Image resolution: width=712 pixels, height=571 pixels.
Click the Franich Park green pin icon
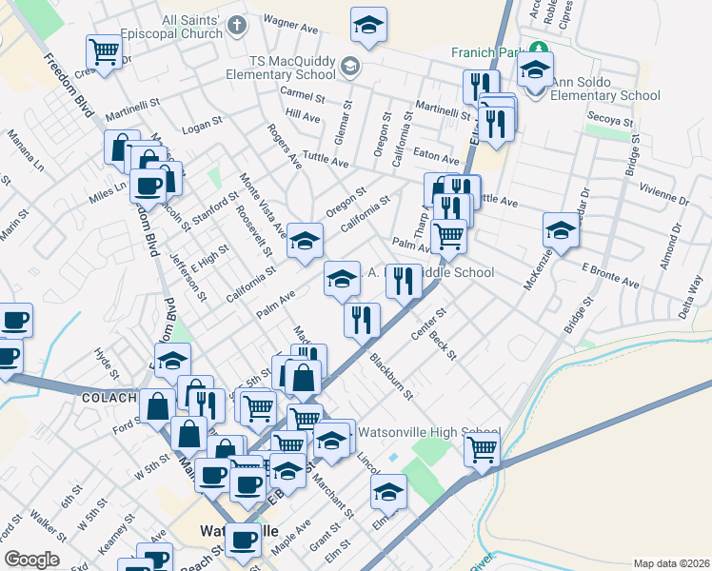[x=540, y=48]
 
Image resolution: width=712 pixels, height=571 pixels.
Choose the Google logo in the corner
[x=31, y=560]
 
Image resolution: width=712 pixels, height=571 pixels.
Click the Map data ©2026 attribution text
[x=670, y=563]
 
